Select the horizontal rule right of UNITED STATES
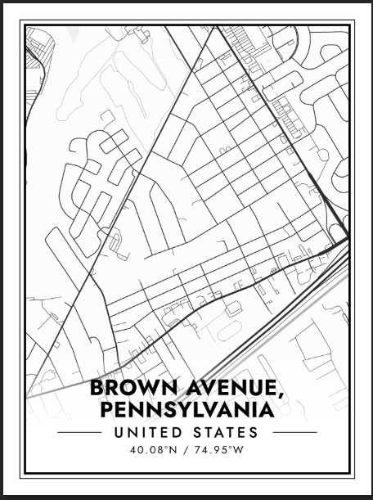point(290,432)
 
